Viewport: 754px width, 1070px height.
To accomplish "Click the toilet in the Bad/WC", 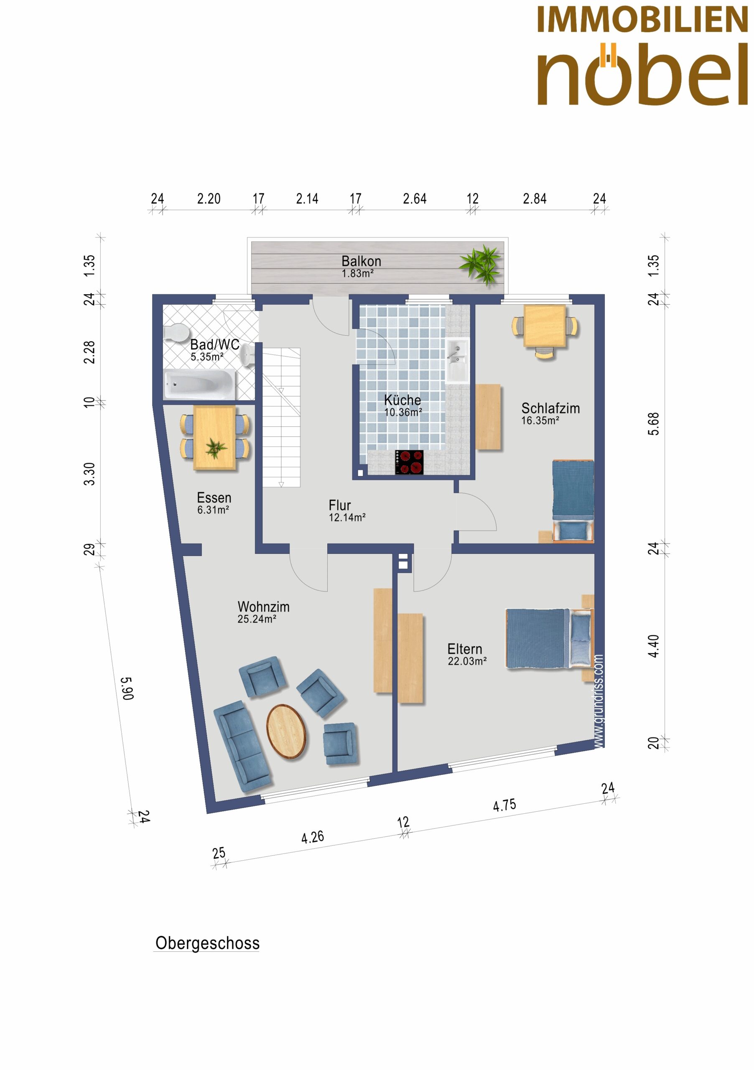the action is tap(176, 332).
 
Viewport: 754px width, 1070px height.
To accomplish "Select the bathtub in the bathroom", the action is tap(199, 385).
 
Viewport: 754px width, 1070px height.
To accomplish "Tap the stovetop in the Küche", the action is tap(409, 462).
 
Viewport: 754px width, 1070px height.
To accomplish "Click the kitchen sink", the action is tap(457, 361).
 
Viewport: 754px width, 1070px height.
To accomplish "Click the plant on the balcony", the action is tap(481, 264).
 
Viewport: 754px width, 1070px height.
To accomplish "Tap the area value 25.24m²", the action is tap(257, 619).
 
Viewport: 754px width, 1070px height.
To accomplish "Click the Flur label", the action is tap(340, 505).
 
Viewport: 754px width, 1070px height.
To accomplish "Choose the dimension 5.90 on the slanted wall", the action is tap(127, 688).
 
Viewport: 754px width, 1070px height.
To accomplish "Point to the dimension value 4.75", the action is tap(504, 805).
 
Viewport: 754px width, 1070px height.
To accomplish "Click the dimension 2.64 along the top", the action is tap(415, 199).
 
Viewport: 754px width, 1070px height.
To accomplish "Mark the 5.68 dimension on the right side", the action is tap(654, 424).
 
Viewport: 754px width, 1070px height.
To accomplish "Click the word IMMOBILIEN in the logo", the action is tap(642, 20).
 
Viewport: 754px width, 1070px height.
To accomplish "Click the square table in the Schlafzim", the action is tap(545, 326).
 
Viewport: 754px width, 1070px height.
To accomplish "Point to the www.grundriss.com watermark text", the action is tap(599, 702).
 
